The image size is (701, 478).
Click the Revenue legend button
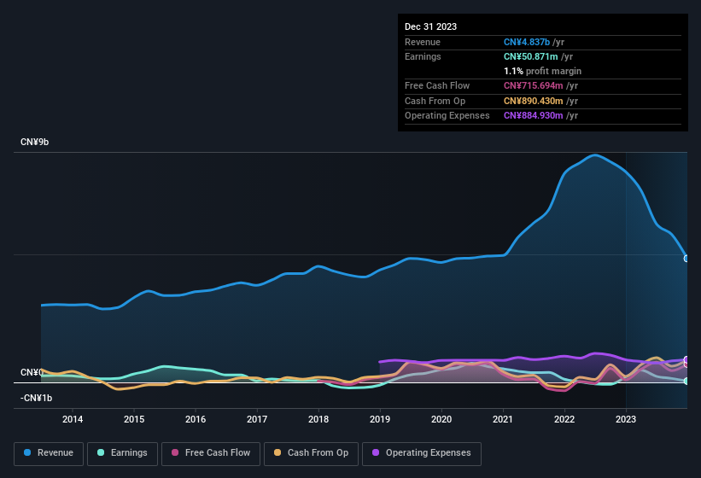[x=48, y=453]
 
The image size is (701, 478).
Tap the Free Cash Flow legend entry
[x=213, y=453]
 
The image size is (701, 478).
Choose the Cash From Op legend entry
[x=310, y=453]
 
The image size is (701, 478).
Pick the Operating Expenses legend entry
[x=422, y=453]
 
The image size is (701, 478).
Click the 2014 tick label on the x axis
[x=73, y=419]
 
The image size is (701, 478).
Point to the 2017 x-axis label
[x=257, y=419]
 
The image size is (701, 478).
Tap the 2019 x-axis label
[x=380, y=419]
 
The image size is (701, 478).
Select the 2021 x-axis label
[x=503, y=419]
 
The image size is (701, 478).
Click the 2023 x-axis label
[x=626, y=419]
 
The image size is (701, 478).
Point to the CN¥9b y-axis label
[x=35, y=142]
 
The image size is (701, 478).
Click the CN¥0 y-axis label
[x=32, y=373]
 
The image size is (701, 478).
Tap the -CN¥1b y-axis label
[x=37, y=398]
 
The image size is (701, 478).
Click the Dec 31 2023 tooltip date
[x=430, y=26]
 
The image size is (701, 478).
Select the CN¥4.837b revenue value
[x=527, y=42]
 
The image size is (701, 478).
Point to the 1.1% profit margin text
[x=542, y=71]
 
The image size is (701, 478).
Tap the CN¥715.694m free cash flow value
[x=533, y=85]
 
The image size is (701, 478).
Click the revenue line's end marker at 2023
[x=686, y=258]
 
